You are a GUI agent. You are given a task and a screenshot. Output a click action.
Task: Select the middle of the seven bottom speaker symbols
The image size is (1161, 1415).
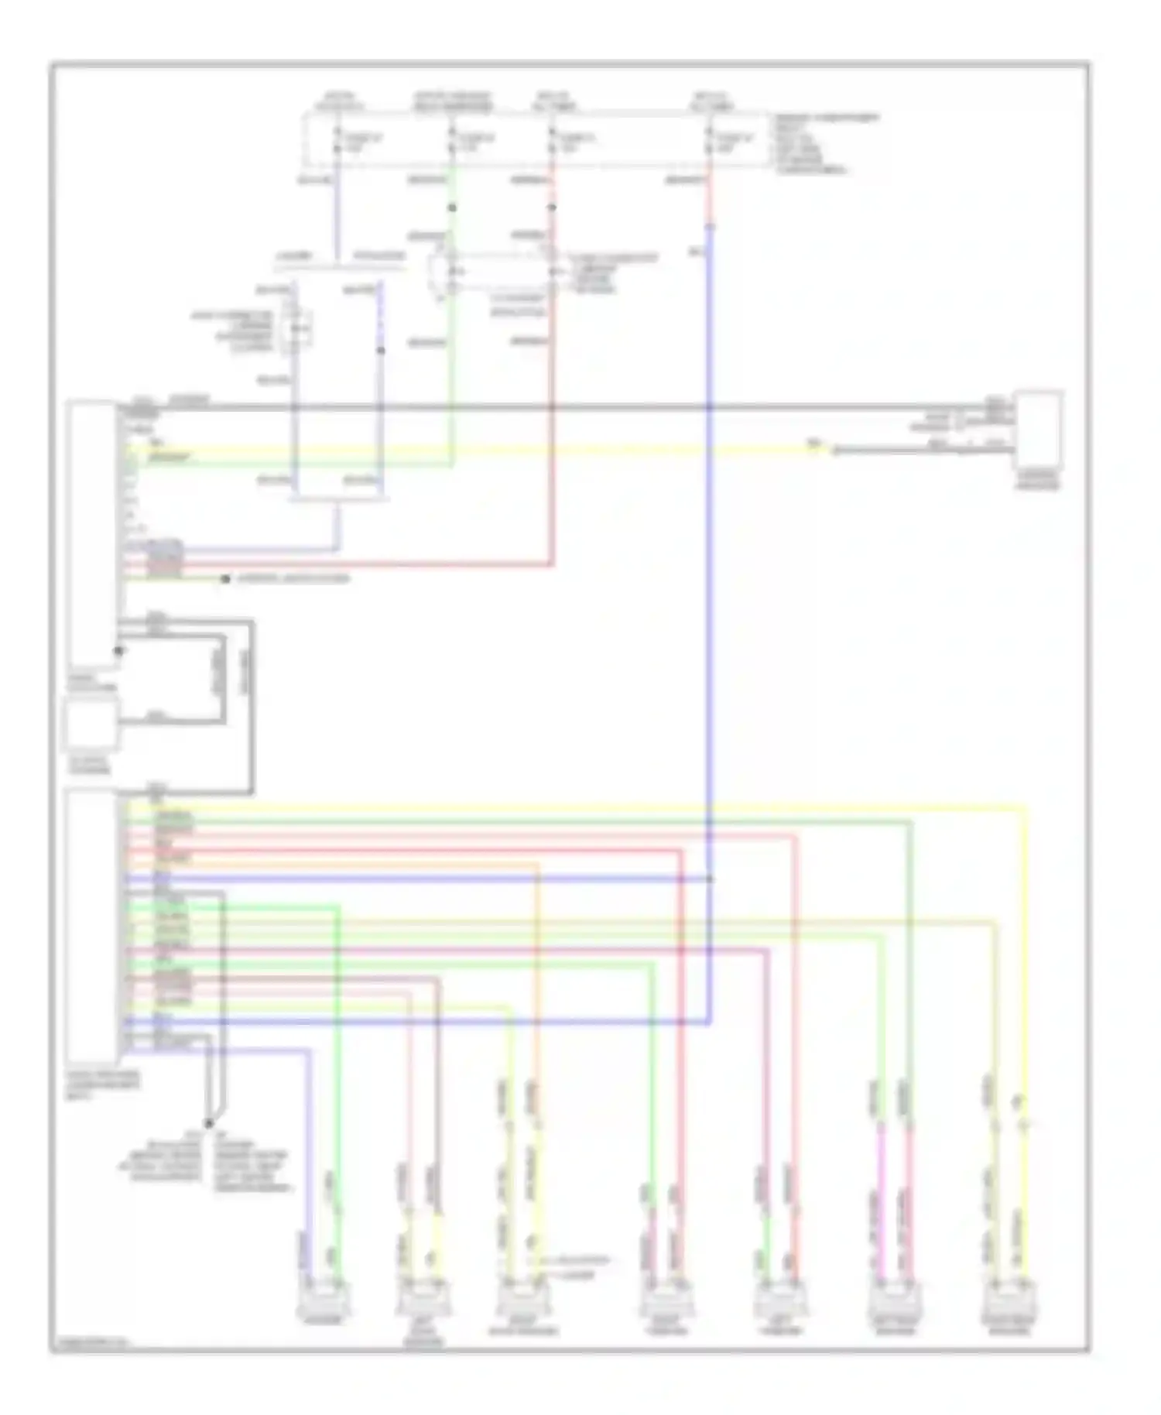665,1299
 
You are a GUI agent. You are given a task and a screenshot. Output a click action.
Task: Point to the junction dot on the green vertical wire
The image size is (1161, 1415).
452,208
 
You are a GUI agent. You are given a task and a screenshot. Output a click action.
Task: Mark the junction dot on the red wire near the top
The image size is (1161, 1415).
552,208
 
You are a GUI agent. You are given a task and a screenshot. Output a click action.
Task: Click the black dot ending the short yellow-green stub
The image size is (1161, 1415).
225,578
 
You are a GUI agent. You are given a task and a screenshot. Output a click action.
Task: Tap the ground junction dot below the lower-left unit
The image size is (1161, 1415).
207,1122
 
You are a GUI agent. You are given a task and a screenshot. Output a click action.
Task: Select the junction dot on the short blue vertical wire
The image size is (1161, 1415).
380,351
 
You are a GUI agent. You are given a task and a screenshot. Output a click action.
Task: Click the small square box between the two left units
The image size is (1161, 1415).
91,725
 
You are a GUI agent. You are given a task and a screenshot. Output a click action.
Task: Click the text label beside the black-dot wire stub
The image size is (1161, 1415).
292,578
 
